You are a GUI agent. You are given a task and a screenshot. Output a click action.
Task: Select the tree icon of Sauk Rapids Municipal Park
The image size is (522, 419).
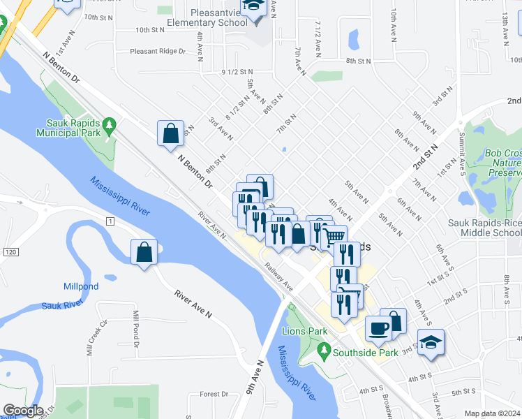[109, 126]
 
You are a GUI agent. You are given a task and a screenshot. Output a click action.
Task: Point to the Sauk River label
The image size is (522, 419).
[61, 304]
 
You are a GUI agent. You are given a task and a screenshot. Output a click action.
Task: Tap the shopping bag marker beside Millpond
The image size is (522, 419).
[144, 253]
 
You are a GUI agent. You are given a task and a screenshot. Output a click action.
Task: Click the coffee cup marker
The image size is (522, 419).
[378, 328]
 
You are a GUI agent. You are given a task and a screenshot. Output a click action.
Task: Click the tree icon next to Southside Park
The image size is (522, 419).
[323, 349]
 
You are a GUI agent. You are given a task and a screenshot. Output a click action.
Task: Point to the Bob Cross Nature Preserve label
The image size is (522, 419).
[502, 162]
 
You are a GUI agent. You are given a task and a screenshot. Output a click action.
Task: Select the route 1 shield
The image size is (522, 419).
[110, 221]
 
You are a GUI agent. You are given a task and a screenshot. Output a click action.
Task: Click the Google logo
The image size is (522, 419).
[22, 411]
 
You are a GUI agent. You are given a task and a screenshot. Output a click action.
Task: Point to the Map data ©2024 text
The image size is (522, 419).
[492, 413]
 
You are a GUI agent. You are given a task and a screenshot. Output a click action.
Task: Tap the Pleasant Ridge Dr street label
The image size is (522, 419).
[158, 51]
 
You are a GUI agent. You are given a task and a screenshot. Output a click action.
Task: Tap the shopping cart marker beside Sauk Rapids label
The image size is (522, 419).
[335, 237]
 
